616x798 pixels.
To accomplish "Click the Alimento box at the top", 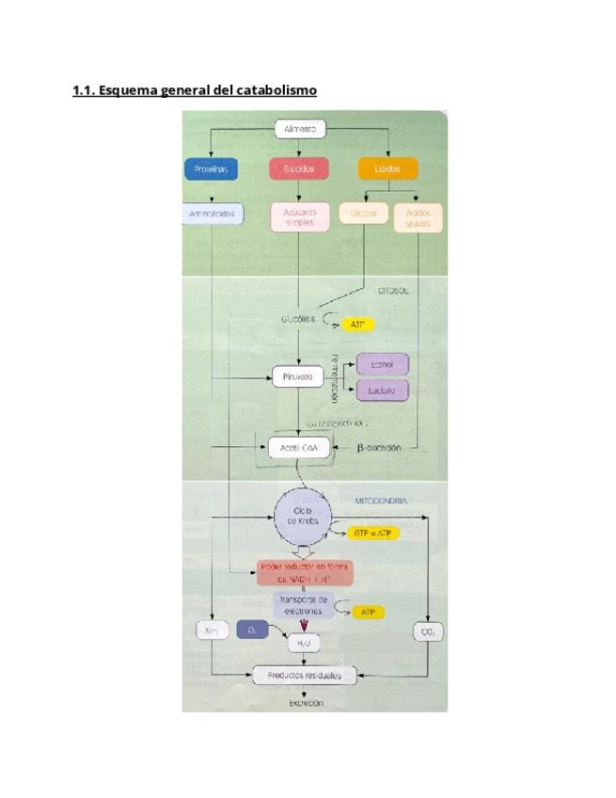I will [299, 129].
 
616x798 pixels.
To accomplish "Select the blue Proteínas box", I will [211, 169].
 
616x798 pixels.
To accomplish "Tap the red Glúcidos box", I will [299, 169].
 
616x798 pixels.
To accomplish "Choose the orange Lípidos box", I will [387, 169].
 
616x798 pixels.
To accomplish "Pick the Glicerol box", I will [362, 214].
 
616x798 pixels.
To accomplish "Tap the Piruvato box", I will [297, 377].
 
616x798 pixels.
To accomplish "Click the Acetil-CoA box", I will [298, 449].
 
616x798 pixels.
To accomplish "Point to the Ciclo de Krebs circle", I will [303, 517].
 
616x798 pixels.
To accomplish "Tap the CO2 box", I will [428, 632].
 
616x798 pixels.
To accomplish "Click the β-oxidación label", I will [379, 448].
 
